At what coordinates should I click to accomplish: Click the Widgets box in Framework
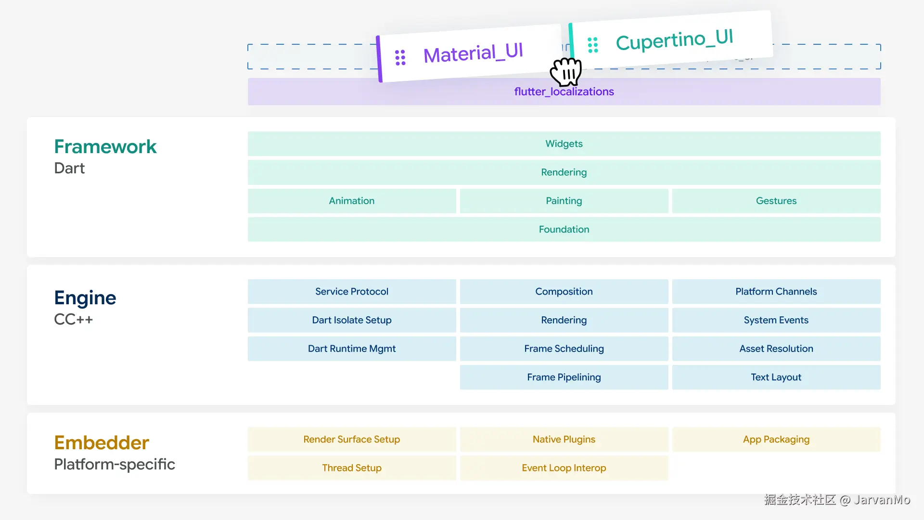pos(564,143)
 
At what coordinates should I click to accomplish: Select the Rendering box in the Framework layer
pos(564,172)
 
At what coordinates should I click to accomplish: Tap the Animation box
pos(352,201)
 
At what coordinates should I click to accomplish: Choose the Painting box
pos(564,201)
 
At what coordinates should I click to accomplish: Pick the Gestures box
pos(776,201)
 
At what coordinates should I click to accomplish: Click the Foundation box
pos(564,229)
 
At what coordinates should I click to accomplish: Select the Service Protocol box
pos(352,291)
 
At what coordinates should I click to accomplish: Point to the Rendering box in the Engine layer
pos(564,320)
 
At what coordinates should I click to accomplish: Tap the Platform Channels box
pos(776,291)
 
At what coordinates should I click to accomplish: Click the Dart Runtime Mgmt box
pos(352,349)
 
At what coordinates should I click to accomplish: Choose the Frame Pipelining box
pos(564,377)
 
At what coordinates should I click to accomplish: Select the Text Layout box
pos(776,377)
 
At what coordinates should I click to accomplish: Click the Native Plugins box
pos(564,439)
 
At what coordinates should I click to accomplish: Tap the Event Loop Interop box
pos(564,468)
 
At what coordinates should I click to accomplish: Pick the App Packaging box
pos(776,439)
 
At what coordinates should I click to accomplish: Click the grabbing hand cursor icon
pos(566,72)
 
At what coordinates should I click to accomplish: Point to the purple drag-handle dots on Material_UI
pos(400,57)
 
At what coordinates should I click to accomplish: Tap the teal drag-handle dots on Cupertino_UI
pos(593,45)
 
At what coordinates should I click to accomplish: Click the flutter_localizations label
pos(564,91)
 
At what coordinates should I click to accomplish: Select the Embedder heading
pos(102,442)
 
